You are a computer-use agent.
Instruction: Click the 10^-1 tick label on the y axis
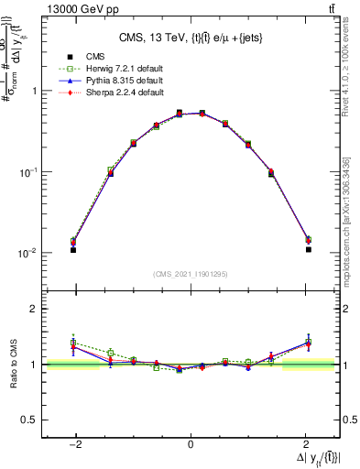pyautogui.click(x=29, y=172)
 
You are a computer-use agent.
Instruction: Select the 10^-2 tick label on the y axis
pyautogui.click(x=29, y=253)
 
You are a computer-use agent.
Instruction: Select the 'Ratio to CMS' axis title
pyautogui.click(x=12, y=364)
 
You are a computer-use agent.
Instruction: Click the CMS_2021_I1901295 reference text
pyautogui.click(x=191, y=273)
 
